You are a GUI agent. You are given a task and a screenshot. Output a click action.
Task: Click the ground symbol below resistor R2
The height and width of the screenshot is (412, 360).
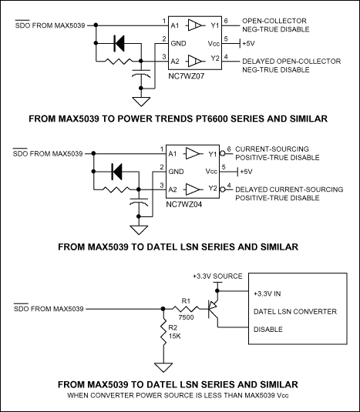click(162, 367)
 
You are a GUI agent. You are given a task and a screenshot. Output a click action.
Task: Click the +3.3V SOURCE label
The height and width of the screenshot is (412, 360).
click(217, 275)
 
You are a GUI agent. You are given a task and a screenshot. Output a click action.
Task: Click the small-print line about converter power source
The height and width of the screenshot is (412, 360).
click(180, 395)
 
